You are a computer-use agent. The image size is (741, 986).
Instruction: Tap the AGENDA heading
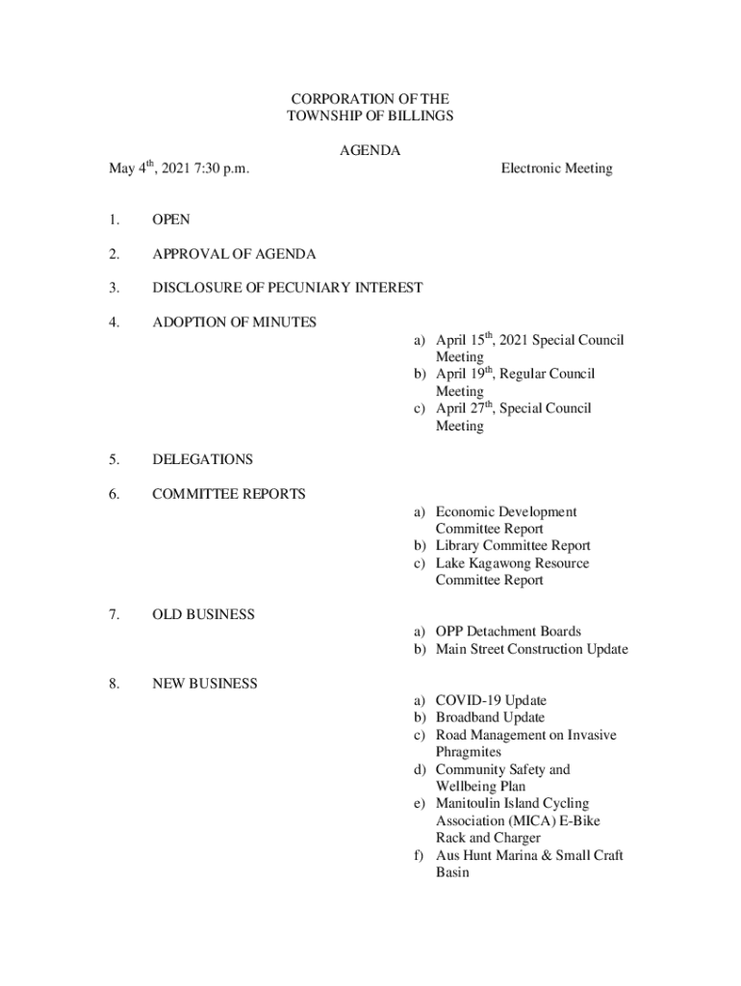370,151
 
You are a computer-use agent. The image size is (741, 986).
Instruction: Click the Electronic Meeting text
556,169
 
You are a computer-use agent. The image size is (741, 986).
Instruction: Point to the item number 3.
114,288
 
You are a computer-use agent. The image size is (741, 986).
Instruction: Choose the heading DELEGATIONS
202,460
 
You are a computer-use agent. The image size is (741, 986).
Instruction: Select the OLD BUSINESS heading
203,615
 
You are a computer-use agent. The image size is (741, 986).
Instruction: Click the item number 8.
114,684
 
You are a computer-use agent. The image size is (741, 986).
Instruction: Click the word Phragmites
469,752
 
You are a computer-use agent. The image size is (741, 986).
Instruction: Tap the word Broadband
467,718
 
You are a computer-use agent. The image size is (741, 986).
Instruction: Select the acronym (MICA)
526,821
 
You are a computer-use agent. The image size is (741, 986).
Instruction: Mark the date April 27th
466,408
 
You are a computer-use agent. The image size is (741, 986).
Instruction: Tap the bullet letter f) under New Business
421,856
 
